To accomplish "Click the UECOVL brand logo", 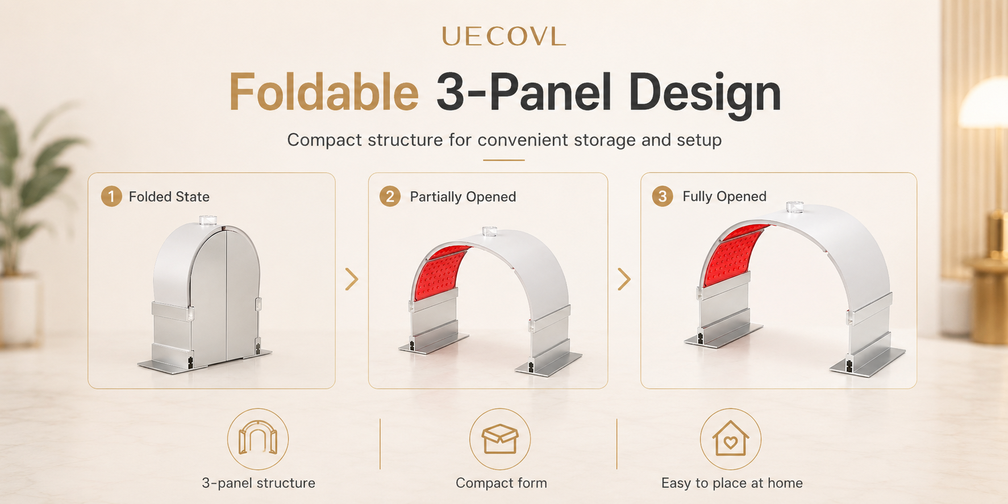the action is coord(503,37).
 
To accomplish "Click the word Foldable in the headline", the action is coord(324,93).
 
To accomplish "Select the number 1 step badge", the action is coord(111,197).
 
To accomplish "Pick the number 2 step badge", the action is coord(390,197).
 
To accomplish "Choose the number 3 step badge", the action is coord(662,197).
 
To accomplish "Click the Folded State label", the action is coord(169,197).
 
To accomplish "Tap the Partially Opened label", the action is coord(463,197).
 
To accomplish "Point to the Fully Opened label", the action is coord(724,197).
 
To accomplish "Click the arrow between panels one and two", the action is coord(352,279).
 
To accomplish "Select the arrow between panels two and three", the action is coord(624,279).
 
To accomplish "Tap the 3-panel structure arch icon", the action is coord(258,439).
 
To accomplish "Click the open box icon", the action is coord(500,439).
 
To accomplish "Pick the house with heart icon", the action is coord(731,439).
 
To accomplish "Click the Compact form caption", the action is coord(501,483).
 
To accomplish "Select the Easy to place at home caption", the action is coord(732,483).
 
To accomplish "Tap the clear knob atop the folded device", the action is coord(208,220).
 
